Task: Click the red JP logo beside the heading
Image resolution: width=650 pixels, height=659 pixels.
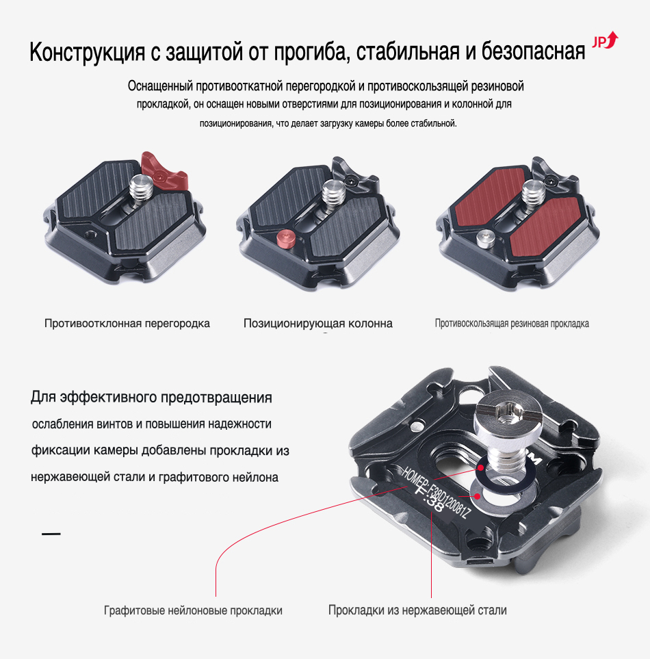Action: click(605, 41)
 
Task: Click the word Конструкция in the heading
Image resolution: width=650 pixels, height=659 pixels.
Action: click(87, 52)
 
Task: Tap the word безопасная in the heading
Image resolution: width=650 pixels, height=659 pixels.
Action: click(533, 51)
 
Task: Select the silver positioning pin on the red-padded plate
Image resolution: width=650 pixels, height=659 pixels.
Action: click(485, 238)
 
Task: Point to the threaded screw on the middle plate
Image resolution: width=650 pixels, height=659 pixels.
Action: click(334, 192)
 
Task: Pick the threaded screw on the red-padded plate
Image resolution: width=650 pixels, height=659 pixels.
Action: click(534, 192)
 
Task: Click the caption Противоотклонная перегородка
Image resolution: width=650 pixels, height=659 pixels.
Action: click(127, 323)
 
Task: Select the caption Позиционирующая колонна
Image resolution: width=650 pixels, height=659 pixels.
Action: click(318, 323)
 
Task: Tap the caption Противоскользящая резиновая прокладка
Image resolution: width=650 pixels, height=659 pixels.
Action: click(512, 323)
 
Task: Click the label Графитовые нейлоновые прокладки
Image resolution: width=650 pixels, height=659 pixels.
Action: click(193, 610)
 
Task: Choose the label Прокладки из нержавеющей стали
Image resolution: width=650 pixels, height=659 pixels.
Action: click(417, 610)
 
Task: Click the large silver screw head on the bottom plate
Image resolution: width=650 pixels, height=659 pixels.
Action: click(509, 413)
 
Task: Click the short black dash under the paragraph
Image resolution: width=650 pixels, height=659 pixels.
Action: click(51, 534)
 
